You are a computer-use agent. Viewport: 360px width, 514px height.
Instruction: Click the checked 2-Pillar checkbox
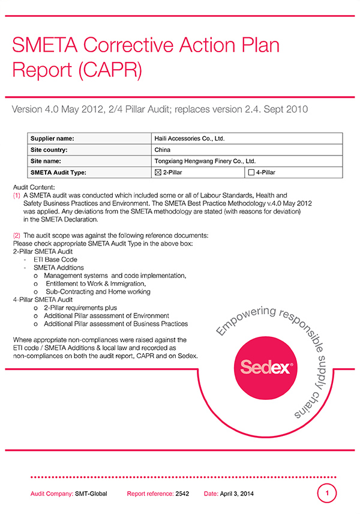pos(158,173)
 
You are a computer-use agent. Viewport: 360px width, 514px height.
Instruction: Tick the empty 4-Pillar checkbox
pos(251,173)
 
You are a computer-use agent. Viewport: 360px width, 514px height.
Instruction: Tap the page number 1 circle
pos(327,494)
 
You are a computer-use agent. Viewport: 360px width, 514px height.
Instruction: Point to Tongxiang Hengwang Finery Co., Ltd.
pos(205,162)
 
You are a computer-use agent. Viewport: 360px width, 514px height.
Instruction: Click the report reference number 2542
pos(182,494)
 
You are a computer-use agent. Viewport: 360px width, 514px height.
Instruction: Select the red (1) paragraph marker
pos(16,196)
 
